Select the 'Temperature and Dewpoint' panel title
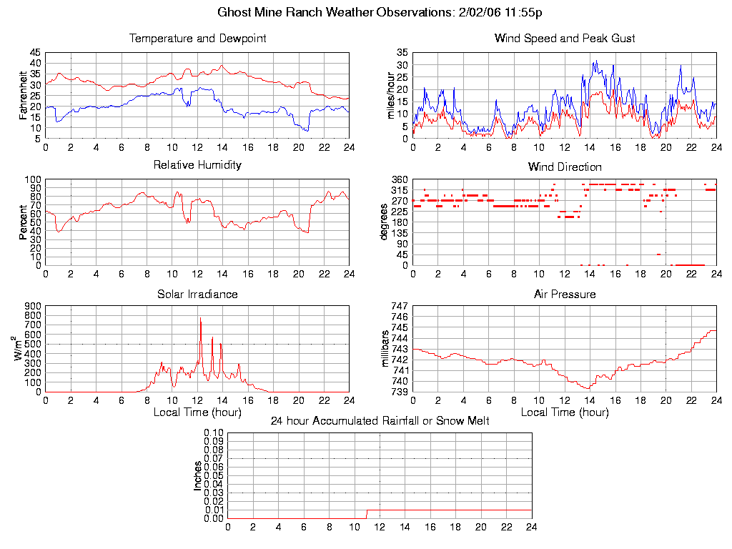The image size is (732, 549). (x=197, y=38)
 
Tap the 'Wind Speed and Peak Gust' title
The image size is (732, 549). (x=565, y=38)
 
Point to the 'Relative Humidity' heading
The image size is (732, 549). (x=197, y=165)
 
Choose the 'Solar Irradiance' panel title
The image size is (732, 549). (x=197, y=294)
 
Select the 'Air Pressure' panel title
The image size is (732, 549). (x=565, y=294)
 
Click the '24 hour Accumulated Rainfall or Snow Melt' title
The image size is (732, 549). (x=380, y=421)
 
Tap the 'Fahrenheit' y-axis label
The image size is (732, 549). (x=23, y=95)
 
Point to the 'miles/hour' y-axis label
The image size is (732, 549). (x=390, y=95)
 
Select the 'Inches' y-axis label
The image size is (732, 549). (x=198, y=475)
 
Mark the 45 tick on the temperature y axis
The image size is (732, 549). (x=35, y=53)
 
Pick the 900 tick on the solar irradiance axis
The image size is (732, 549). (x=33, y=306)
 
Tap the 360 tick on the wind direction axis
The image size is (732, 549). (x=399, y=179)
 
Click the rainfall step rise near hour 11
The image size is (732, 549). (x=367, y=513)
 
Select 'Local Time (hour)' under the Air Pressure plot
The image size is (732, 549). (x=565, y=412)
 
